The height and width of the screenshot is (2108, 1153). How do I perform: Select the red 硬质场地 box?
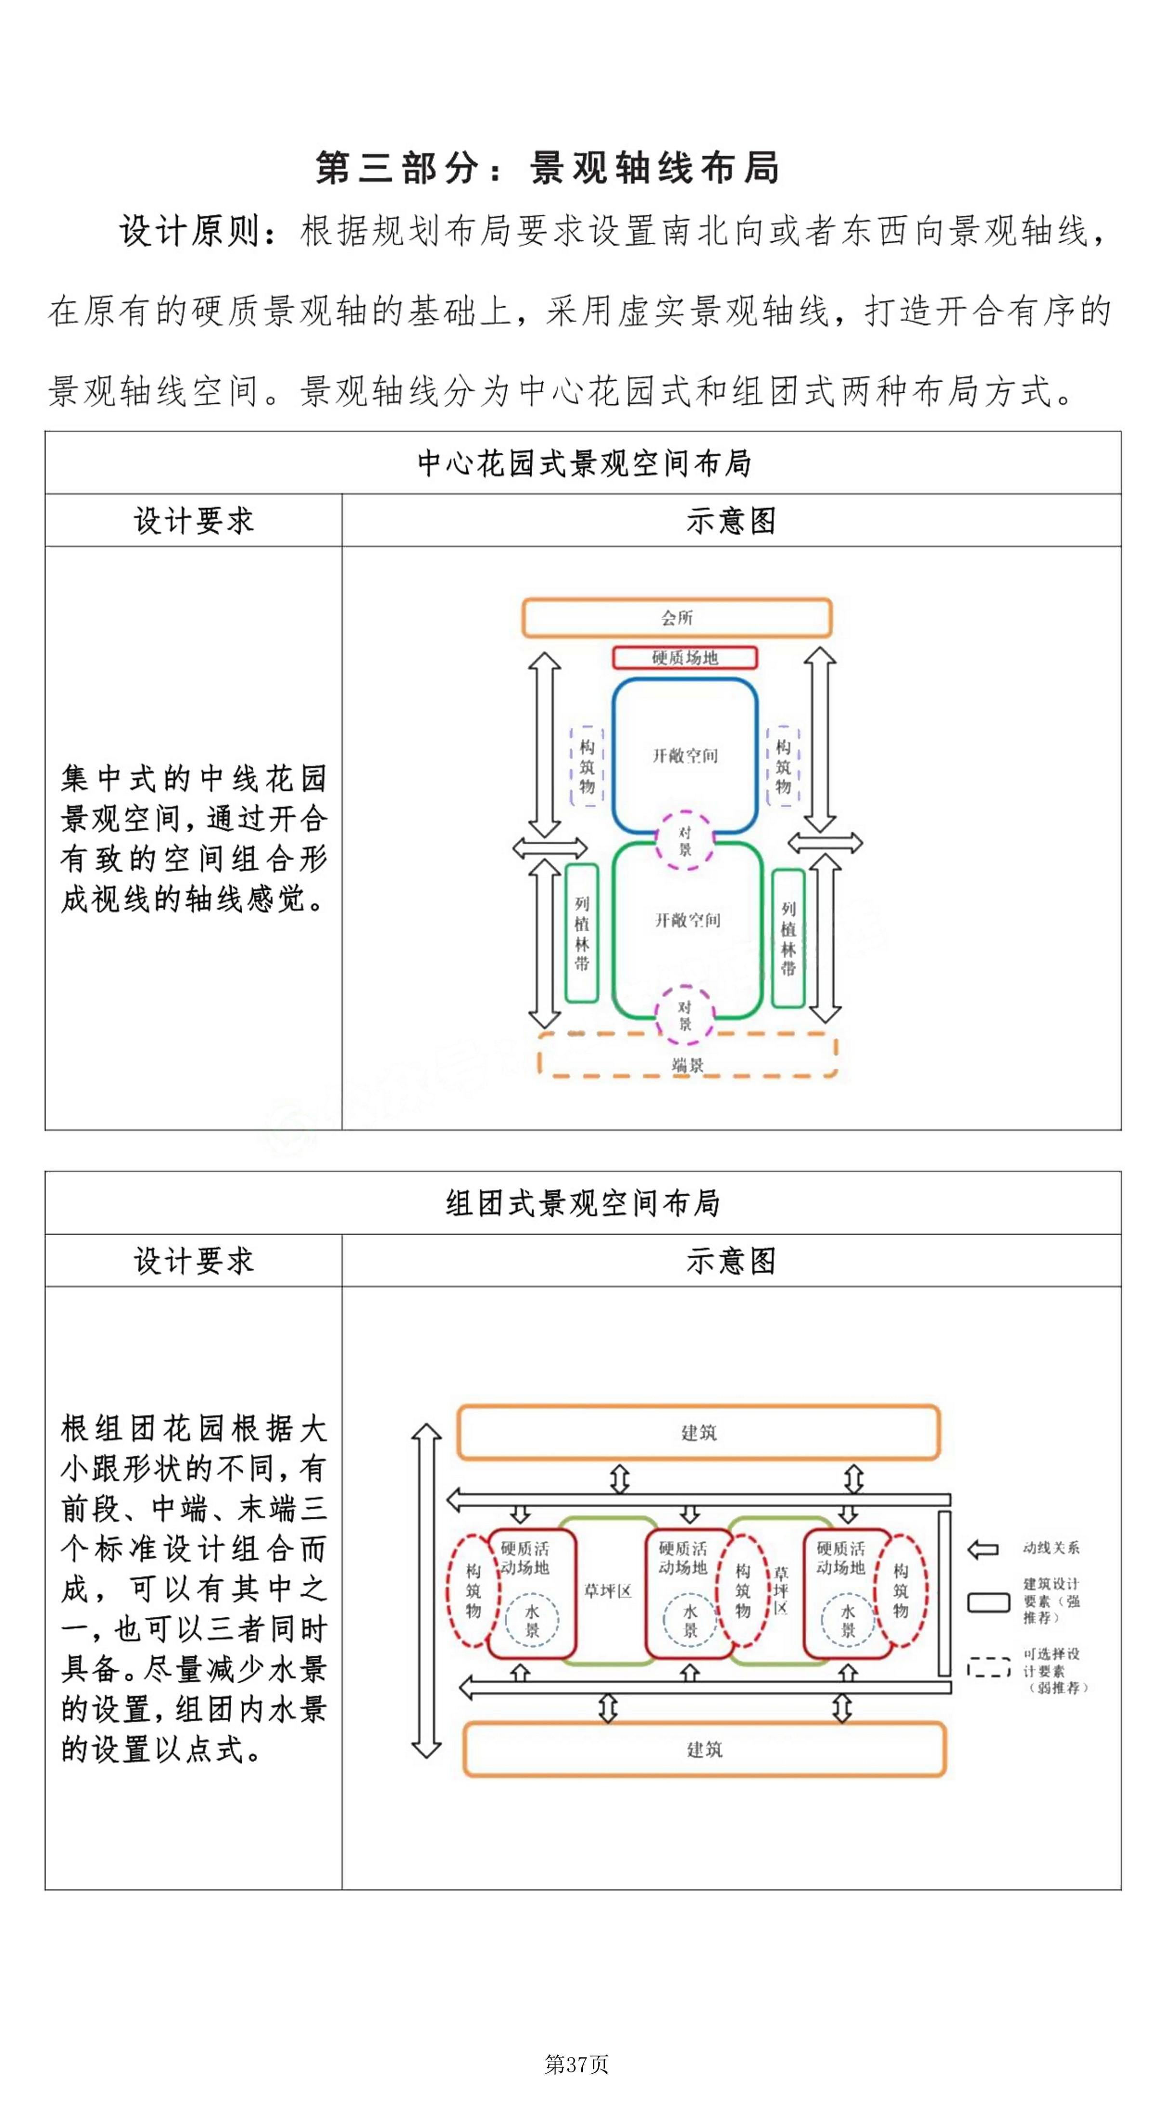(685, 657)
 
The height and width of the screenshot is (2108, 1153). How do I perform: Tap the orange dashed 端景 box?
(687, 1055)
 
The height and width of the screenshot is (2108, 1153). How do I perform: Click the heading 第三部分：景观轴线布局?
(548, 168)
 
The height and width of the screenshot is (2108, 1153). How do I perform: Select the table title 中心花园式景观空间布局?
(583, 463)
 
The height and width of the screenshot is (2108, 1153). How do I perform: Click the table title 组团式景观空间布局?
(583, 1203)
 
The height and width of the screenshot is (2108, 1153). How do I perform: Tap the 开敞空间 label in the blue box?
(685, 755)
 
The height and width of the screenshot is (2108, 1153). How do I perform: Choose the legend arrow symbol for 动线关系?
(983, 1549)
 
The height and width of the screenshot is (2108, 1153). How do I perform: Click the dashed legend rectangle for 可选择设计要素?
(988, 1667)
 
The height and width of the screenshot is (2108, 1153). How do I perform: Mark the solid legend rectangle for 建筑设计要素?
(988, 1602)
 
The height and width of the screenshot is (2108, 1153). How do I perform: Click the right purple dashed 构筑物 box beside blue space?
(783, 766)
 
